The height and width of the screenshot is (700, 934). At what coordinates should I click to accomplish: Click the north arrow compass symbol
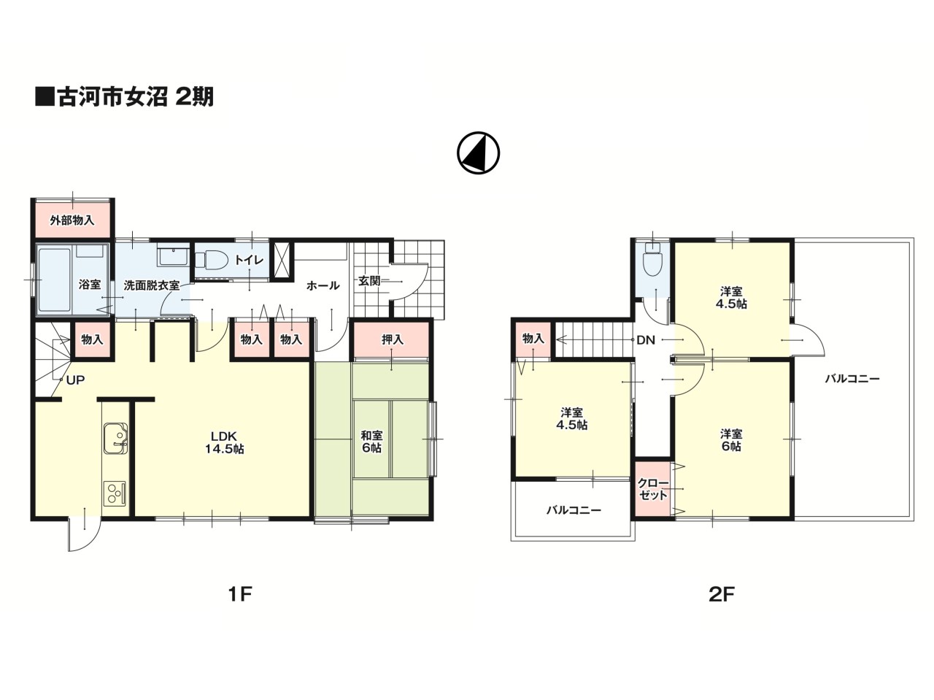[x=478, y=153]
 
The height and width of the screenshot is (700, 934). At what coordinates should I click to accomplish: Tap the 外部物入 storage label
[x=72, y=220]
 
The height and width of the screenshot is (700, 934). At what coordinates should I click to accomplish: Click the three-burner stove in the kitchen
[x=115, y=493]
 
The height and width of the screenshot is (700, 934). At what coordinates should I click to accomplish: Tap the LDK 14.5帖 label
[x=224, y=442]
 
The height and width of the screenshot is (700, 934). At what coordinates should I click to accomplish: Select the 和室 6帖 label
[x=371, y=442]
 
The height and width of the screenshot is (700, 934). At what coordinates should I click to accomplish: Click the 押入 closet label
[x=392, y=339]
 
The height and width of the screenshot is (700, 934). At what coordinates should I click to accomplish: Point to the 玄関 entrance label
[x=368, y=281]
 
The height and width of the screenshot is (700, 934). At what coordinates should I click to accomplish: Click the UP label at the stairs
[x=75, y=380]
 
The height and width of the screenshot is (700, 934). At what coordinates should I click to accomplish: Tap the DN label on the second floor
[x=646, y=340]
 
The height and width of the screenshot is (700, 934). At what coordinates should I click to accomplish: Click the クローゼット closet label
[x=653, y=489]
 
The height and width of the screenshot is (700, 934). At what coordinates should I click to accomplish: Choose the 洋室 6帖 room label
[x=731, y=440]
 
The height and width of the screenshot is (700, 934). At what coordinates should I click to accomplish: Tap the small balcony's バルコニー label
[x=574, y=509]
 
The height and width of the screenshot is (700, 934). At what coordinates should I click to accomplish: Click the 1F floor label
[x=241, y=594]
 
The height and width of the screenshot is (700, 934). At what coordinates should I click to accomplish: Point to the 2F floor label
[x=722, y=594]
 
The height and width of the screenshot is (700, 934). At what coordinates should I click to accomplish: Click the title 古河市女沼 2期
[x=124, y=97]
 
